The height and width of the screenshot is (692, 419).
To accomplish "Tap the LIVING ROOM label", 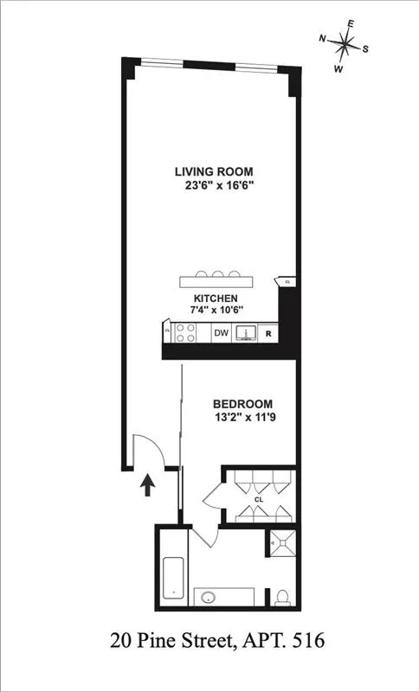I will point(214,171).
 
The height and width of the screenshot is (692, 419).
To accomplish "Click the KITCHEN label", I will point(215,297).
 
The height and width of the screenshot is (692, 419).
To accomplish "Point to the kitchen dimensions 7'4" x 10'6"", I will point(215,309).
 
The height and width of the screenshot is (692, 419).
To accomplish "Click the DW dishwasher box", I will point(222,333).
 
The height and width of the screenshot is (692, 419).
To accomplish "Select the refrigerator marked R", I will point(269,333).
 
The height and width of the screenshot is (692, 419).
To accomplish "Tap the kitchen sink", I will point(246,333).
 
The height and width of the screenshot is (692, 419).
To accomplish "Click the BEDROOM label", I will point(243,404).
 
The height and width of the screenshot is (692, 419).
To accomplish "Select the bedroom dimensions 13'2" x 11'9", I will point(243,417).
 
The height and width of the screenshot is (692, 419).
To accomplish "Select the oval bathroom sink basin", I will point(208,597).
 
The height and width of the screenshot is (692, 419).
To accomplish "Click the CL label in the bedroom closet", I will point(258,499).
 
